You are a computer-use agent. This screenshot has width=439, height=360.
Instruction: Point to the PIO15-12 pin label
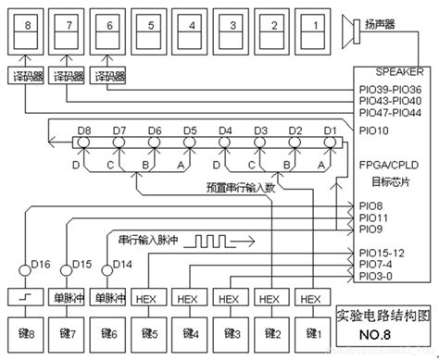382,252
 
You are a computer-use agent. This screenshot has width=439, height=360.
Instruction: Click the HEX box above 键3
228,298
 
